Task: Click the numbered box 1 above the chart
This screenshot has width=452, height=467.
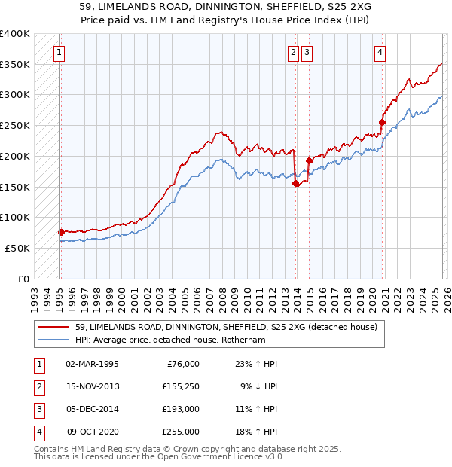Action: coord(59,52)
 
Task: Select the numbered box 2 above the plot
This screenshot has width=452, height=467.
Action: coord(293,52)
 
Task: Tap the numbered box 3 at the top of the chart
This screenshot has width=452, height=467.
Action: coord(307,52)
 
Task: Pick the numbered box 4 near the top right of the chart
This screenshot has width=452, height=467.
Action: coord(380,52)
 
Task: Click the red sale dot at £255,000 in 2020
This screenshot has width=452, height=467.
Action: coord(382,122)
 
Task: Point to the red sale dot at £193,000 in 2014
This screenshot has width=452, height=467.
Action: coord(309,160)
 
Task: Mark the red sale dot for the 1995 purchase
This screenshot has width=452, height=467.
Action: coord(61,232)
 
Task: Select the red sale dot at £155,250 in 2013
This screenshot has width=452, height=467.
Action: coord(295,183)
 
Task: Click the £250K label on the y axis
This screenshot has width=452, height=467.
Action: coord(15,125)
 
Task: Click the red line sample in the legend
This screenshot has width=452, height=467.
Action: coord(54,327)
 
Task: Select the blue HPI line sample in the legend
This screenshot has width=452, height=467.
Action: coord(54,340)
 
